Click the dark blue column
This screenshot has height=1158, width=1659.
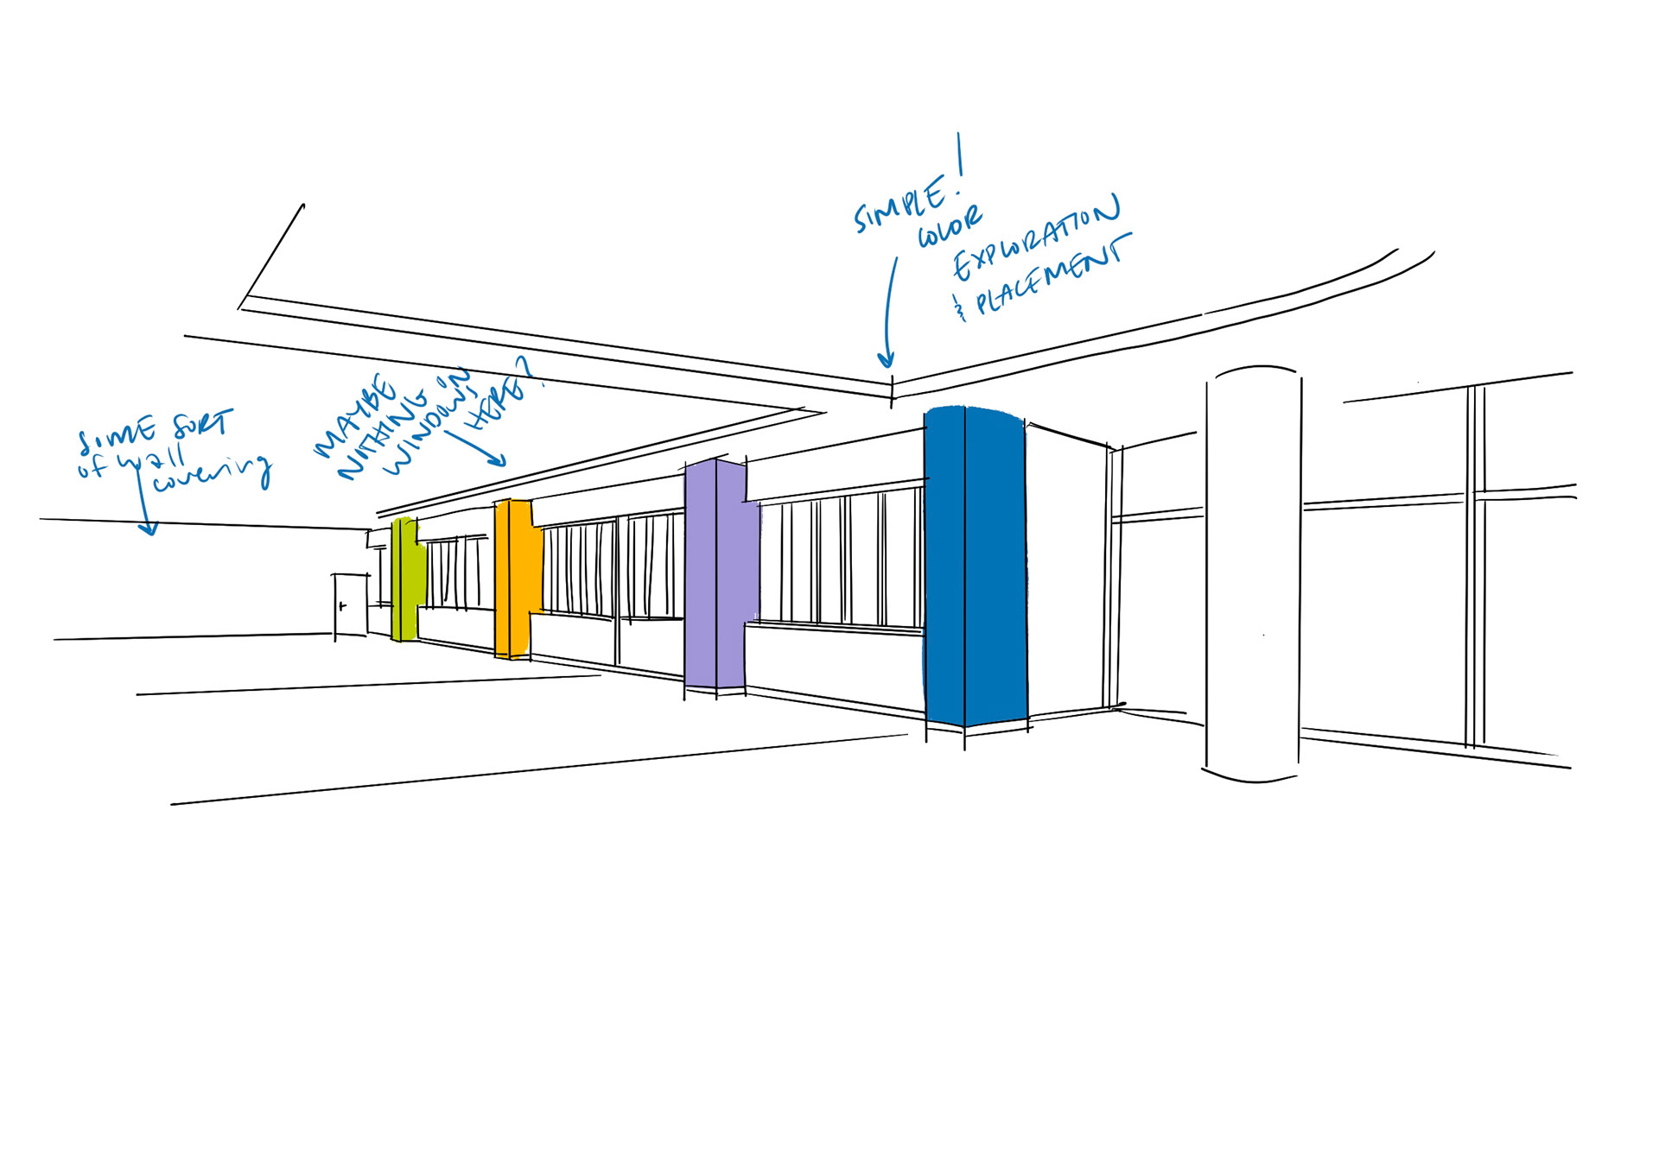pos(975,566)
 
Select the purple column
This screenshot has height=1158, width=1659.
pos(715,574)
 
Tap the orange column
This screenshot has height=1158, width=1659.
pos(515,579)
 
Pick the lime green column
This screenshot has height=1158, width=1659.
pos(406,579)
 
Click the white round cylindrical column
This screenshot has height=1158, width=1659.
pos(1253,574)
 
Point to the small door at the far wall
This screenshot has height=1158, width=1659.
pos(351,604)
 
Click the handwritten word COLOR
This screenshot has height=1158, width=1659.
pos(949,226)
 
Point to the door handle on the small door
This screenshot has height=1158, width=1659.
pos(343,606)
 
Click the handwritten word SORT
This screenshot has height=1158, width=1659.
pos(203,425)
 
